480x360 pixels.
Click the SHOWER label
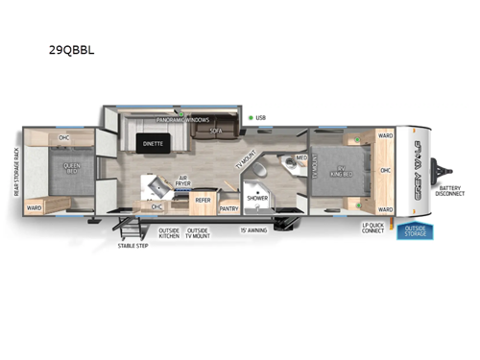[x=256, y=197]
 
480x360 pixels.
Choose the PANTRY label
[x=228, y=207]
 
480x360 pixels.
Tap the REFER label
[x=203, y=201]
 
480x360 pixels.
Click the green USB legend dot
[x=251, y=118]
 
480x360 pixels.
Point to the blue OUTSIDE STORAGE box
[x=416, y=230]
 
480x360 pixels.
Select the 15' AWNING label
[x=252, y=230]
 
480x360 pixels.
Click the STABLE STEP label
[x=132, y=246]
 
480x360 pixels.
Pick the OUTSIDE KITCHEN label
[x=169, y=233]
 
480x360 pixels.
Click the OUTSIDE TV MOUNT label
[x=199, y=233]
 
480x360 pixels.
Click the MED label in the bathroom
[x=300, y=157]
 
